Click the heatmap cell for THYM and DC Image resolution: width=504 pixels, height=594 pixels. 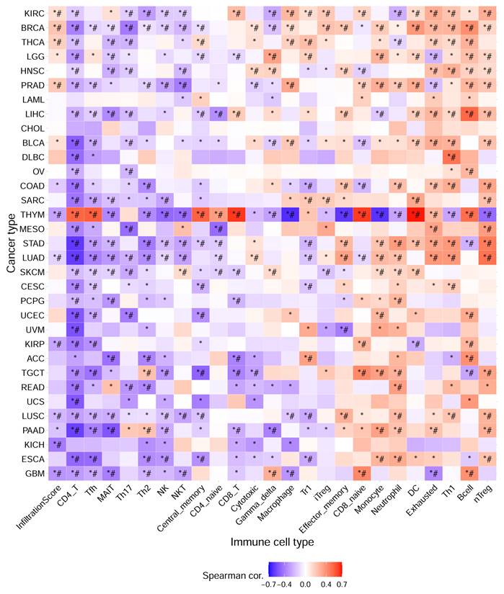(416, 213)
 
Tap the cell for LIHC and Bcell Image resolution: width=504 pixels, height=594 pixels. (469, 113)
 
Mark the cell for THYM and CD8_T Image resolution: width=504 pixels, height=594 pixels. (236, 213)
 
